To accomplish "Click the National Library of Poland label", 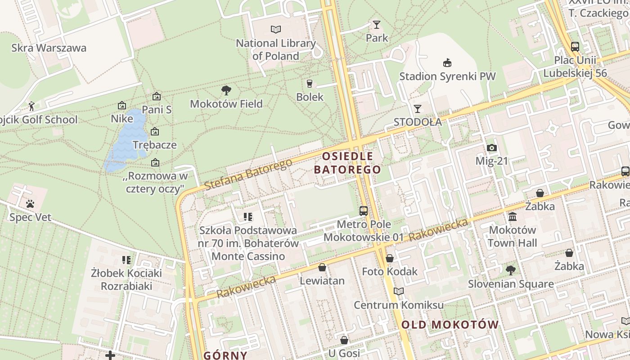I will click(x=276, y=49).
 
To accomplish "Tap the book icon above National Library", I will click(x=276, y=30).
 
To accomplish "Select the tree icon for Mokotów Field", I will click(x=226, y=90).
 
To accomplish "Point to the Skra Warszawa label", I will click(x=49, y=48).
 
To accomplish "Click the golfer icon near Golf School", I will click(x=31, y=106).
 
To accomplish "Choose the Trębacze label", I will click(x=155, y=145).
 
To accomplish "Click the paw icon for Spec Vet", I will click(x=30, y=204).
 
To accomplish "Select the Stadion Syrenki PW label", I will click(x=447, y=76).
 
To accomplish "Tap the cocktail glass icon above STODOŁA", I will click(x=418, y=109).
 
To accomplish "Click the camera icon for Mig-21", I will click(x=491, y=148).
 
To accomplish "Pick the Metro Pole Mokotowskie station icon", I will click(x=363, y=211).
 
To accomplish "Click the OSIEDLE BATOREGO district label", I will click(x=347, y=163).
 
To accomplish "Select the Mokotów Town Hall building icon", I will click(x=512, y=217).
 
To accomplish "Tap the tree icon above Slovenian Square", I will click(x=510, y=270).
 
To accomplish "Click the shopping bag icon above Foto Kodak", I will click(x=390, y=258).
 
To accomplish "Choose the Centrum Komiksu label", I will click(x=399, y=305).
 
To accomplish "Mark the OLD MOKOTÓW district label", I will click(x=450, y=324).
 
